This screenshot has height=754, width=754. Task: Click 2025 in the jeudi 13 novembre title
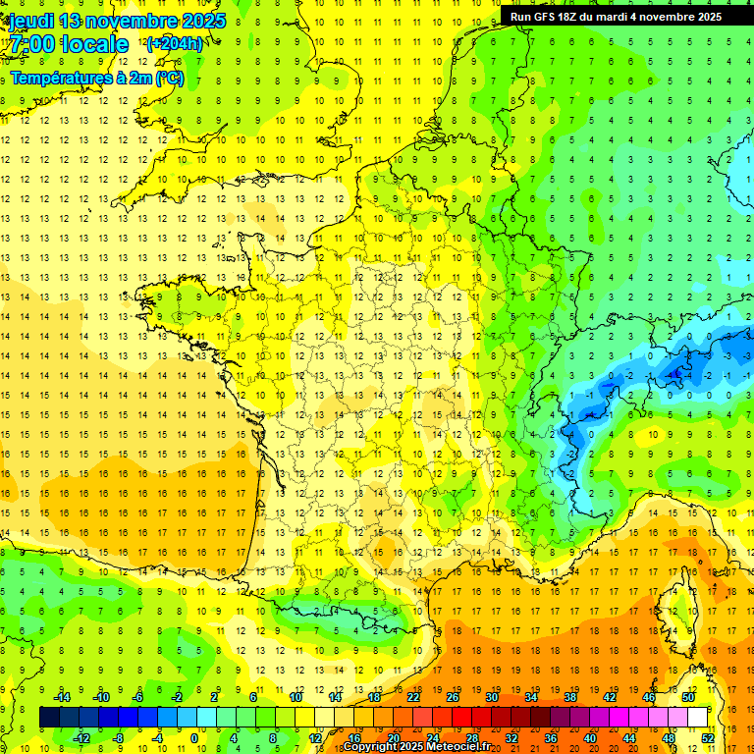[x=202, y=21]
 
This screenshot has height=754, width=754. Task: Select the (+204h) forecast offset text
[x=175, y=44]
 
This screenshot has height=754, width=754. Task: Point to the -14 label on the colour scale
[x=62, y=697]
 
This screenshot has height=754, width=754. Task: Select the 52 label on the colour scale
[x=708, y=737]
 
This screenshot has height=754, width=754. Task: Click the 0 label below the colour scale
[x=194, y=737]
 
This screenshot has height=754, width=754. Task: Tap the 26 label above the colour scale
[x=453, y=697]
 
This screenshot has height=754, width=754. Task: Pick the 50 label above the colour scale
[x=688, y=697]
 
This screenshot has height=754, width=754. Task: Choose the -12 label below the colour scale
[x=81, y=737]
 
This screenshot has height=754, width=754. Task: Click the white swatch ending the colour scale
[x=698, y=718]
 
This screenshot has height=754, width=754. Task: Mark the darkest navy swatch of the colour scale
[x=49, y=718]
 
